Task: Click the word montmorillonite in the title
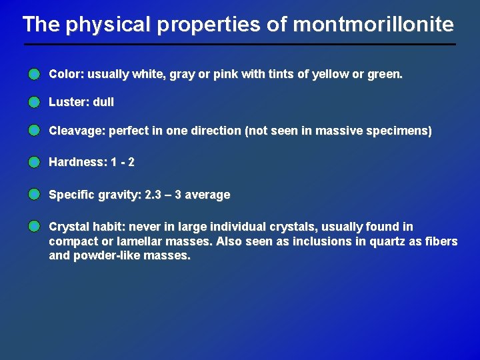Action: (x=373, y=25)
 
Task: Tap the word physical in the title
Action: (x=106, y=25)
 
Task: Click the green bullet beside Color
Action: (x=34, y=75)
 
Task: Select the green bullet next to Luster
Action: (x=34, y=102)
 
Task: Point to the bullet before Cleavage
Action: (x=34, y=131)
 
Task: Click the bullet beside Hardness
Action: (x=34, y=162)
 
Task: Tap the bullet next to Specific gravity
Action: (x=34, y=195)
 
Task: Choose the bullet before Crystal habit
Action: (x=34, y=227)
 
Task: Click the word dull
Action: (x=103, y=102)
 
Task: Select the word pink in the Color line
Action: (x=226, y=75)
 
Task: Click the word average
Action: (x=207, y=195)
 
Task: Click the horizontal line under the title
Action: (x=240, y=45)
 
